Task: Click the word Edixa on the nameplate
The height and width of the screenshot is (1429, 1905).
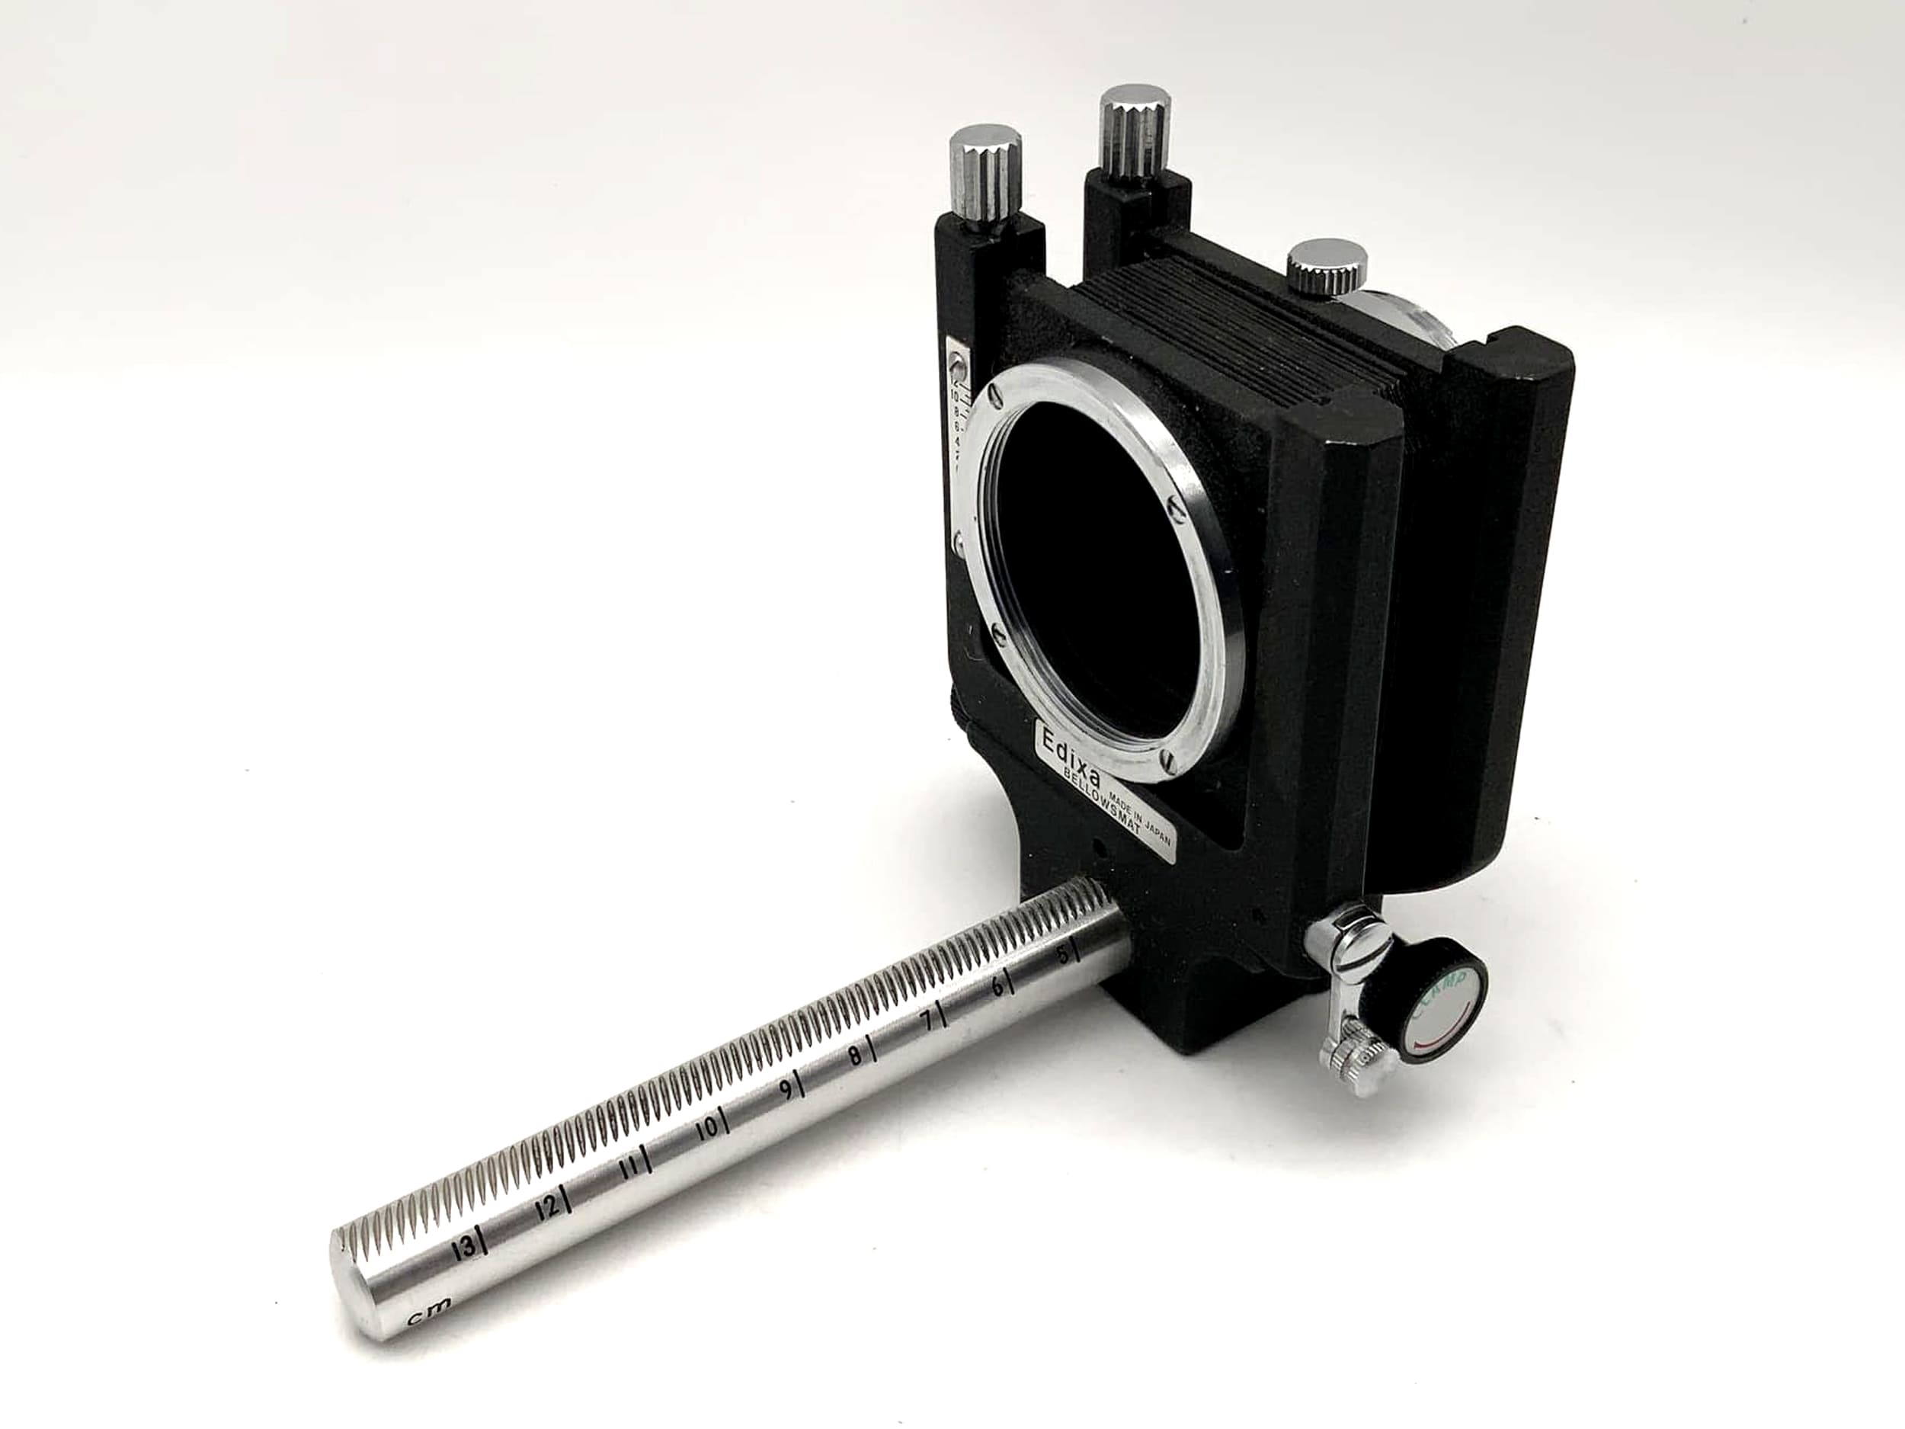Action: pyautogui.click(x=1069, y=743)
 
